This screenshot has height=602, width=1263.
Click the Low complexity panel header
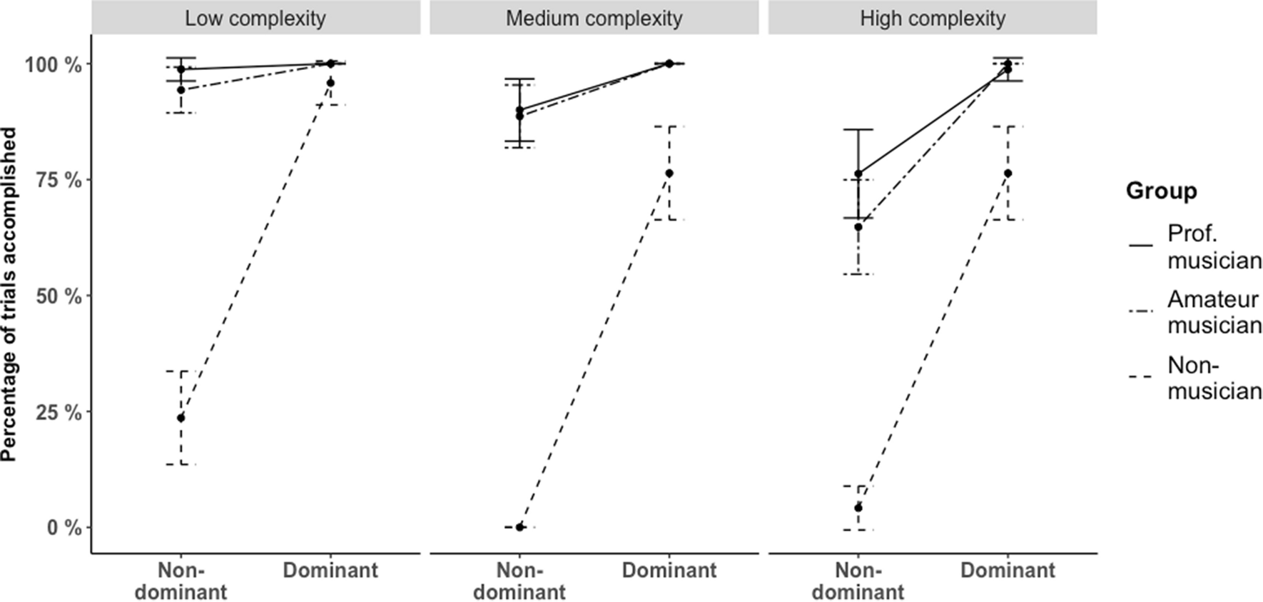[255, 18]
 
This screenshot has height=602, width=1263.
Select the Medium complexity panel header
[594, 18]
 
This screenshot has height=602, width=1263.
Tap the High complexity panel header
[932, 18]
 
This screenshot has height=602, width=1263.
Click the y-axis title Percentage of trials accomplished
[10, 294]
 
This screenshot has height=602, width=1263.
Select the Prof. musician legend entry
[1213, 246]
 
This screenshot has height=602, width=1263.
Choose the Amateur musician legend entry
[1213, 312]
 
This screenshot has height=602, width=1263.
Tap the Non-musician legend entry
[1213, 378]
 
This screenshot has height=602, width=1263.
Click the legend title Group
[1161, 191]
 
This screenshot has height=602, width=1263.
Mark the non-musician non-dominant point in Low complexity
[181, 418]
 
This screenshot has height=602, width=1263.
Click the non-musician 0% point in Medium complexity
[519, 527]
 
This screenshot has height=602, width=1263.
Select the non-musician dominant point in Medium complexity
[669, 174]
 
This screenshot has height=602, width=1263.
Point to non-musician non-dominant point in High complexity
[858, 508]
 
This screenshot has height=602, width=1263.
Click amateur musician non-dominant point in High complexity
[858, 227]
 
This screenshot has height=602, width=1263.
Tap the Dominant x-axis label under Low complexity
[330, 571]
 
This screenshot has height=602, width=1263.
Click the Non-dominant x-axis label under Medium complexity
[519, 581]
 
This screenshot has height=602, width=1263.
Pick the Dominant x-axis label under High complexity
[1008, 571]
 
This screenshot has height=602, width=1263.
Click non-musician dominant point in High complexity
[1008, 174]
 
